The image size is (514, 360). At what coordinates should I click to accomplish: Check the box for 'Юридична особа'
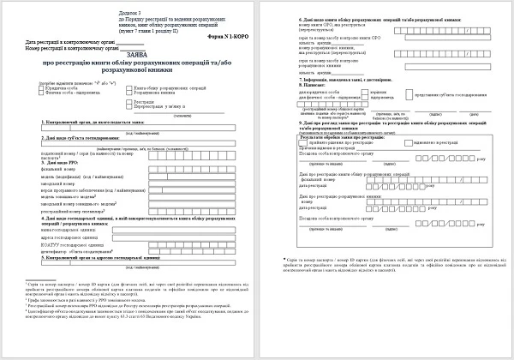click(x=43, y=87)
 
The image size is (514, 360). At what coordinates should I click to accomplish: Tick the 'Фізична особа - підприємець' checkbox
click(x=43, y=93)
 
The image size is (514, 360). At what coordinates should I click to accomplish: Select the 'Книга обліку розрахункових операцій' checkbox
click(x=129, y=87)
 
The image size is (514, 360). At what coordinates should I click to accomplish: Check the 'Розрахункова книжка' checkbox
click(x=129, y=93)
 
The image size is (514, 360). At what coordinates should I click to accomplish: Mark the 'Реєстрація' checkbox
click(x=129, y=100)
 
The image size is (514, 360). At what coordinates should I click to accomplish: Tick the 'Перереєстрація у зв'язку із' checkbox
click(x=129, y=105)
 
